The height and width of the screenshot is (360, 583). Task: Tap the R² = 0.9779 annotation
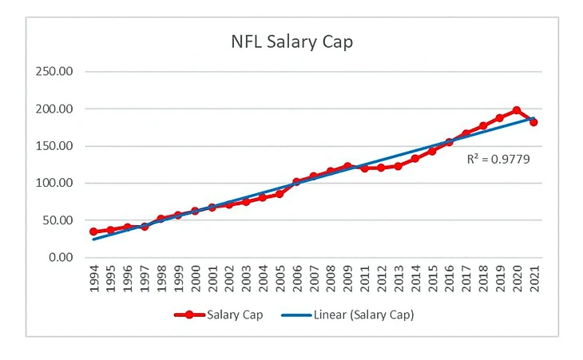pyautogui.click(x=498, y=159)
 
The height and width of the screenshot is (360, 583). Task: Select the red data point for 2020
pyautogui.click(x=517, y=110)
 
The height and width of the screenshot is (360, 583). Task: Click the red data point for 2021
pyautogui.click(x=533, y=122)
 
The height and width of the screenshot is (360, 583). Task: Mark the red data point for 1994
pyautogui.click(x=93, y=231)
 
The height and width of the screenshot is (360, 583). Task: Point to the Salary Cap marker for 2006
pyautogui.click(x=297, y=182)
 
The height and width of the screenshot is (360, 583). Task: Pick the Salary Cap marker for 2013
pyautogui.click(x=398, y=166)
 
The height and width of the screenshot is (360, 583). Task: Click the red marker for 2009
pyautogui.click(x=347, y=166)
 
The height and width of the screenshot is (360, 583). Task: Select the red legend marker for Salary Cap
pyautogui.click(x=189, y=315)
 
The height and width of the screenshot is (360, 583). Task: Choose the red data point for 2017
pyautogui.click(x=466, y=133)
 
